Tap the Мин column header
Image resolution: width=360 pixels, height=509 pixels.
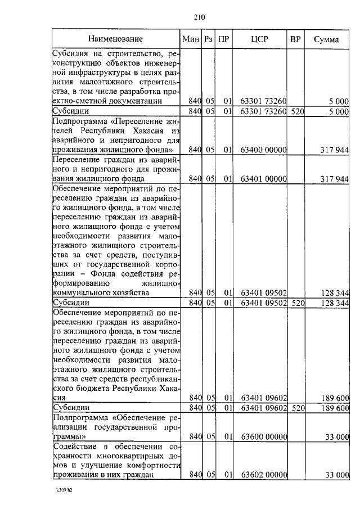coord(191,39)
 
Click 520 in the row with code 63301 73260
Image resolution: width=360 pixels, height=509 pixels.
coord(297,111)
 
